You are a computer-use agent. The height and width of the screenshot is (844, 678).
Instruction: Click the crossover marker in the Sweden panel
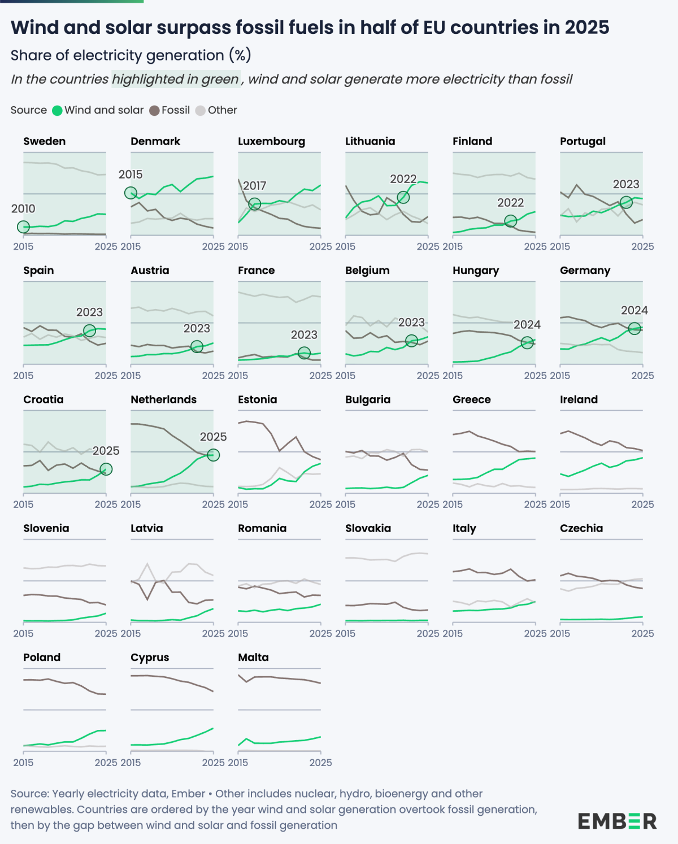click(x=23, y=227)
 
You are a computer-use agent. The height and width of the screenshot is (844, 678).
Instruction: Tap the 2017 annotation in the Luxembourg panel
click(x=254, y=186)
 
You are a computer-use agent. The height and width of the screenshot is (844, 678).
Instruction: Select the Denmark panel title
click(x=155, y=141)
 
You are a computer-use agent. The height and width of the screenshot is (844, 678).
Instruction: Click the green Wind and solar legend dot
click(x=57, y=111)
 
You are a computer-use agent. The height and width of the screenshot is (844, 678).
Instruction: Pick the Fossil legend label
click(x=175, y=110)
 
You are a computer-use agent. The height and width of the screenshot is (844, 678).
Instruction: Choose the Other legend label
click(x=222, y=110)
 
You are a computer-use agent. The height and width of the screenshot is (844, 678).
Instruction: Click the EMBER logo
click(x=617, y=821)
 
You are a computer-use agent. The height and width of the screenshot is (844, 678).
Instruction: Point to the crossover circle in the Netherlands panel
click(x=213, y=455)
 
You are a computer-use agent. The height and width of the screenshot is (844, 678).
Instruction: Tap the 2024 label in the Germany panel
click(x=634, y=310)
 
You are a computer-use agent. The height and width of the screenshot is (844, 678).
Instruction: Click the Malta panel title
click(x=253, y=657)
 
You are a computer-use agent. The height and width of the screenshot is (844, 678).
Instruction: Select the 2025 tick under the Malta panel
click(x=320, y=763)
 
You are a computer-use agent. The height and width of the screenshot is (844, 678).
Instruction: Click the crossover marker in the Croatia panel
click(x=106, y=469)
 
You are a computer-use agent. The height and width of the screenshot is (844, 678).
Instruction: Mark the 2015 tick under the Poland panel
click(x=23, y=763)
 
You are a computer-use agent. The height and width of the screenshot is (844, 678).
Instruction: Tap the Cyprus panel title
click(x=150, y=657)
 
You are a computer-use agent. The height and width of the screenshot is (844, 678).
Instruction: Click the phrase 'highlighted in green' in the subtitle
click(x=176, y=79)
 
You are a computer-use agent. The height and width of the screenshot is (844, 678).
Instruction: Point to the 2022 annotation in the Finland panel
click(x=510, y=203)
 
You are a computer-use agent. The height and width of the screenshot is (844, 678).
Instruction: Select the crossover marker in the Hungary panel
click(x=527, y=342)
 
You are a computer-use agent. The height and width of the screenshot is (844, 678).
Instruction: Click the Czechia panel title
click(x=581, y=528)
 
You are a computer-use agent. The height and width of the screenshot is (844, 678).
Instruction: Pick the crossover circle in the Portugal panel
click(x=626, y=202)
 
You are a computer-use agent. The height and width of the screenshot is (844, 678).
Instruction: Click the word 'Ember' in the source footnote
click(x=188, y=794)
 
